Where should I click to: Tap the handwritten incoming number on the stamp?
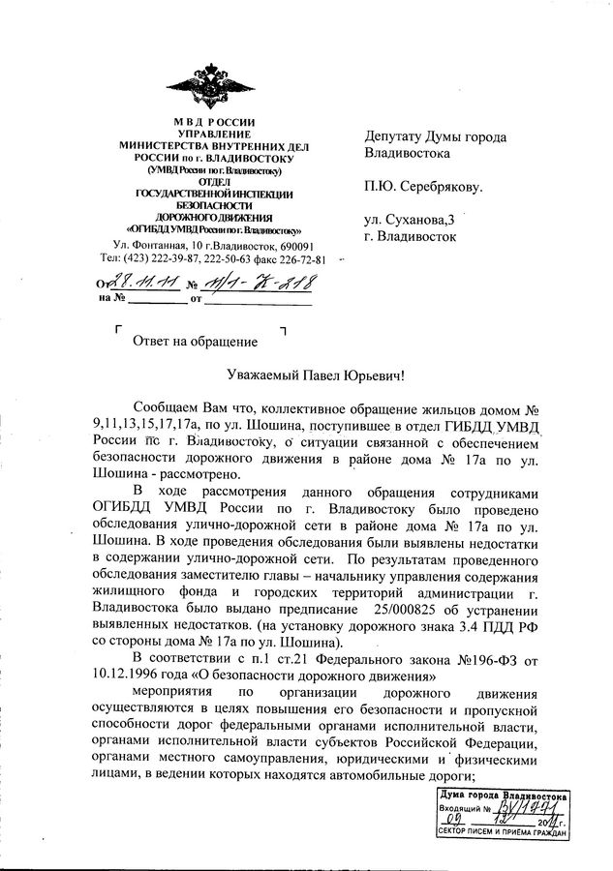click(x=541, y=807)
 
